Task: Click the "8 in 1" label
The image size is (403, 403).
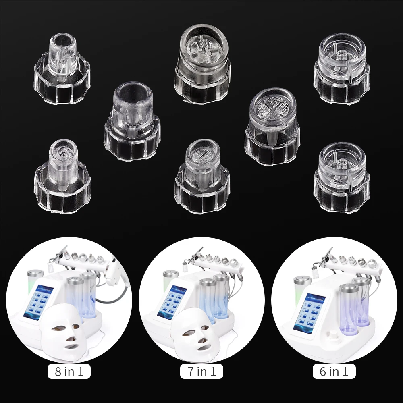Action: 69,371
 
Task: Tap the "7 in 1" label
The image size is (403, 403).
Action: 201,371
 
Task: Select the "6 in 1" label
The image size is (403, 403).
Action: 334,371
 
